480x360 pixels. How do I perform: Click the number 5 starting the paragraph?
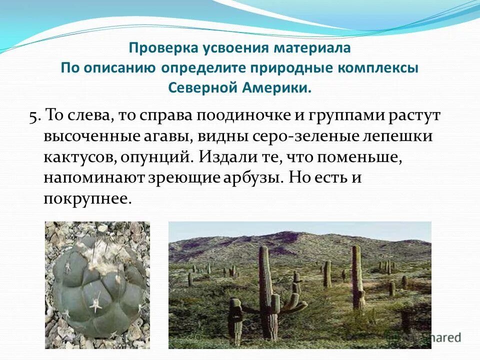pyautogui.click(x=33, y=115)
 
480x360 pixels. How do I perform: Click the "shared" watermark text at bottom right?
pyautogui.click(x=439, y=337)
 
